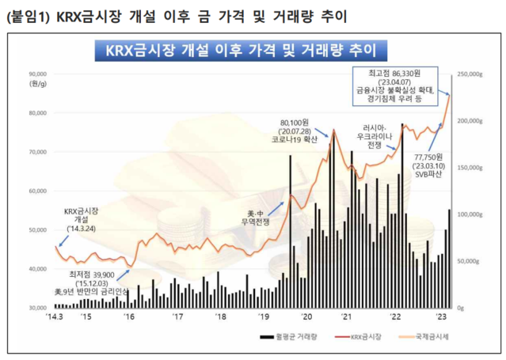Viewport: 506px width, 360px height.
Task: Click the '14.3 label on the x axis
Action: pos(54,316)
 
